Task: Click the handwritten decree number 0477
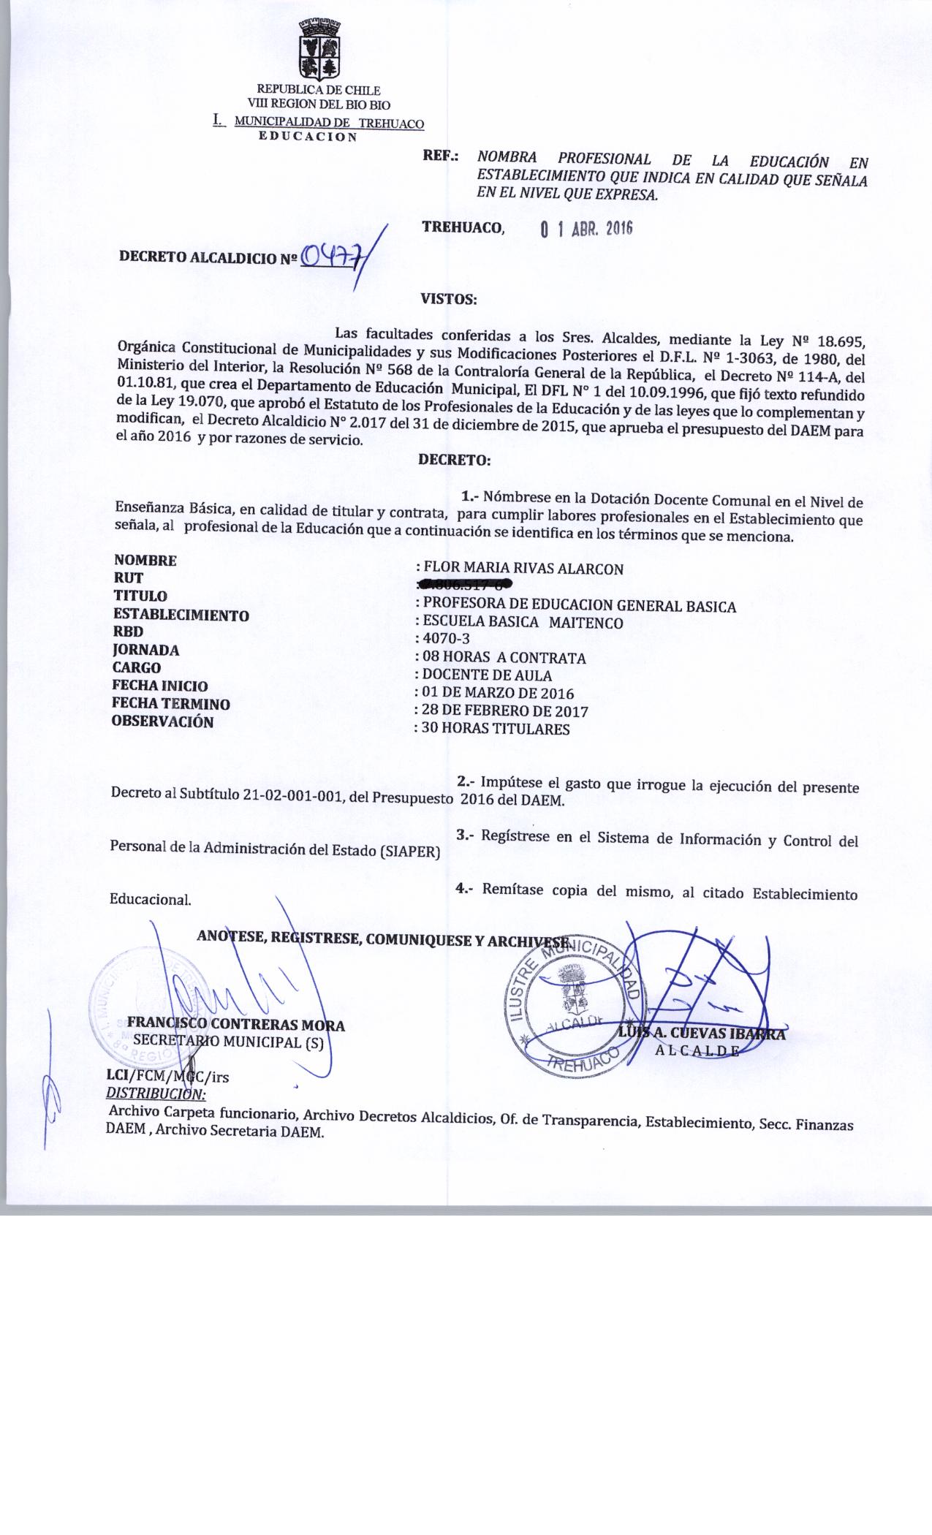(x=330, y=257)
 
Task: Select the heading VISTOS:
(x=449, y=298)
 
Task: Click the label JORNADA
(x=145, y=649)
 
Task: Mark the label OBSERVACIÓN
(x=162, y=721)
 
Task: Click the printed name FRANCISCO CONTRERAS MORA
(x=235, y=1025)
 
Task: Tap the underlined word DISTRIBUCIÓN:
(x=156, y=1094)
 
